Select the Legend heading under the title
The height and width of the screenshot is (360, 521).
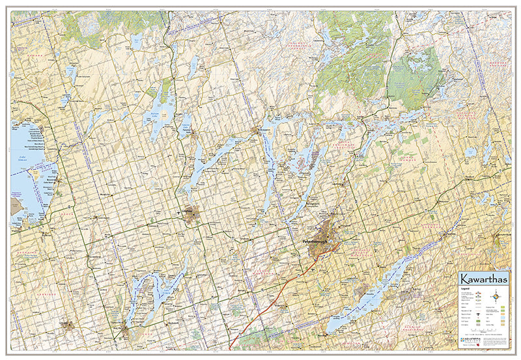466,287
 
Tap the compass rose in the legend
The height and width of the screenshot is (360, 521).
498,297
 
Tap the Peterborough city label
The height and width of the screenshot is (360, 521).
318,242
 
